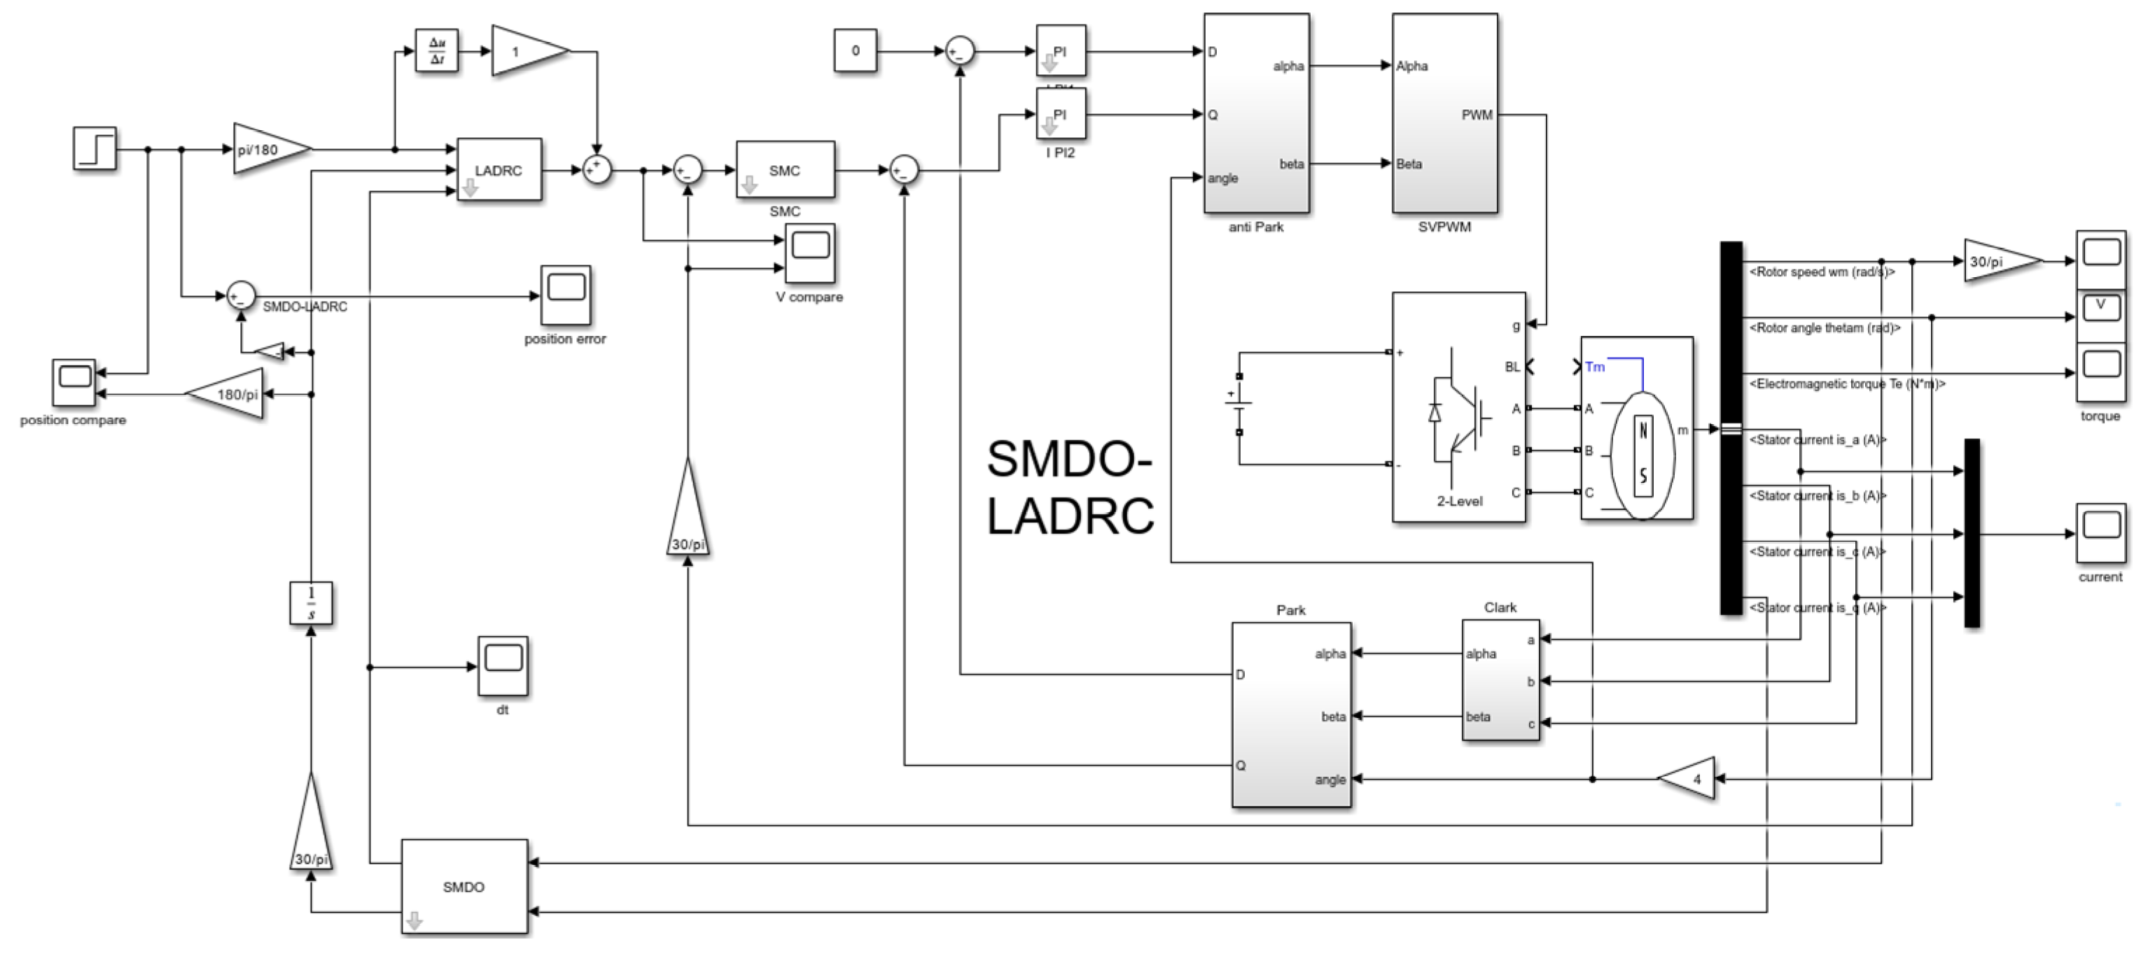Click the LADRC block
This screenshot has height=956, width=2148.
pos(498,170)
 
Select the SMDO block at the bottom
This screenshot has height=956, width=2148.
pos(463,887)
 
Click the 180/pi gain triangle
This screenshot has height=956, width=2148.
pos(230,394)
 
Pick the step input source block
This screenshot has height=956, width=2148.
pos(95,149)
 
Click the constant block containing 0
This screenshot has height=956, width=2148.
pos(855,51)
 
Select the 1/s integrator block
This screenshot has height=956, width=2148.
pos(311,603)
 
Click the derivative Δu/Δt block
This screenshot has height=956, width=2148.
pos(436,52)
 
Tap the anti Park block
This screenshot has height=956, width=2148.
pos(1256,113)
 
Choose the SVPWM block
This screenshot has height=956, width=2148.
pos(1444,113)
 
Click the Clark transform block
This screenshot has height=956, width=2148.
pos(1500,680)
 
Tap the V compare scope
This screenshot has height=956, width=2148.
pos(809,253)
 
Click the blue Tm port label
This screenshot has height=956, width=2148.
pos(1594,367)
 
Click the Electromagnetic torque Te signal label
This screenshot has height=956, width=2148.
pos(1846,384)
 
